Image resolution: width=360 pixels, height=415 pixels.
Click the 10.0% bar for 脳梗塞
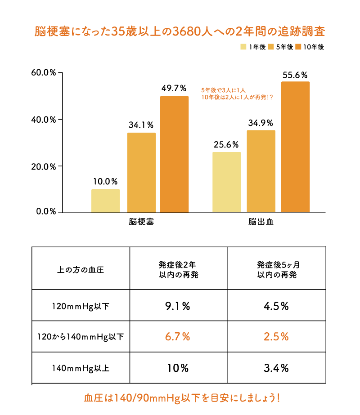point(105,201)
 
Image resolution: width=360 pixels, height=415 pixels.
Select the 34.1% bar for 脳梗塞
point(141,172)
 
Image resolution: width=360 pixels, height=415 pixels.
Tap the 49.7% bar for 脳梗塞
point(174,154)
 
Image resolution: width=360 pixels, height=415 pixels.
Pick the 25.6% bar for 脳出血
point(226,182)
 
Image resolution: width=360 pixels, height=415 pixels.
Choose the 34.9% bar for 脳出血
point(261,171)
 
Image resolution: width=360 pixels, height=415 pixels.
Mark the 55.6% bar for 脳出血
point(295,147)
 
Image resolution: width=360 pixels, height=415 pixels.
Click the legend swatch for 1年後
point(243,47)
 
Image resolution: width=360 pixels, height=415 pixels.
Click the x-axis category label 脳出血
point(261,222)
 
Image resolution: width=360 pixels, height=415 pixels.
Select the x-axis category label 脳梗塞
point(141,222)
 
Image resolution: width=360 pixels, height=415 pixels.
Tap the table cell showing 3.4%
point(276,368)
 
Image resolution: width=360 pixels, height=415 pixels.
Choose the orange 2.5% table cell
point(276,336)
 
